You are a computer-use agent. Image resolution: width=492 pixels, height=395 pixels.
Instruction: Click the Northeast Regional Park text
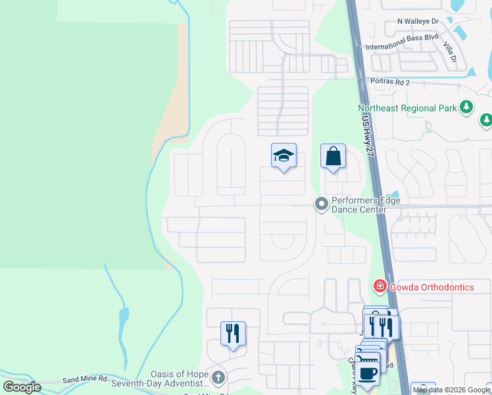click(x=406, y=108)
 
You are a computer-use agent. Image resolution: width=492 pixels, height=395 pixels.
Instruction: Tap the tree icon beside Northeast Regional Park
click(x=466, y=107)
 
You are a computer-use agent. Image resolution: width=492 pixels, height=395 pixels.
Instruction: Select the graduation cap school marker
click(x=283, y=156)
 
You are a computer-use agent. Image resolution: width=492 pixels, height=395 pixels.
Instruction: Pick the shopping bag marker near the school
click(x=333, y=157)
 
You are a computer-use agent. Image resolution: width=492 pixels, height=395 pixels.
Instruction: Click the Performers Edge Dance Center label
click(x=366, y=205)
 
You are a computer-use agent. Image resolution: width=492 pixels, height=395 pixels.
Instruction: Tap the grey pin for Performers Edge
click(x=321, y=204)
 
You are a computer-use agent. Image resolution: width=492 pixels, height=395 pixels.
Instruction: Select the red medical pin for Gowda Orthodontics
click(x=380, y=286)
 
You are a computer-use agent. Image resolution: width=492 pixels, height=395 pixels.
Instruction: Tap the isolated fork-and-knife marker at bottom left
click(x=233, y=333)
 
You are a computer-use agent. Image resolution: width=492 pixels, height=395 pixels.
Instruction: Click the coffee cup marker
click(x=368, y=371)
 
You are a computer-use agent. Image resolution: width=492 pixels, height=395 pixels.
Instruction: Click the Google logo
click(x=22, y=387)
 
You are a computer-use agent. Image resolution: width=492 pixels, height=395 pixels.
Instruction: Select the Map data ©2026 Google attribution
click(x=451, y=390)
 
